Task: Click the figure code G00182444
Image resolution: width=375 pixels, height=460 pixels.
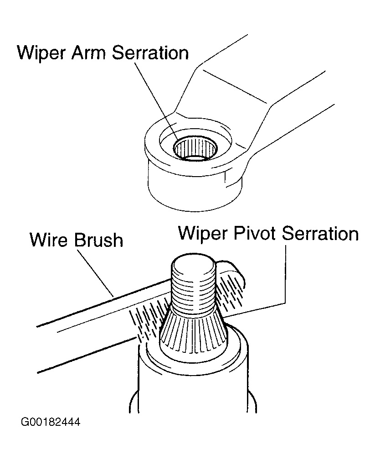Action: [50, 422]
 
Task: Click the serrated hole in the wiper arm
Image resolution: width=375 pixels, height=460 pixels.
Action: [197, 149]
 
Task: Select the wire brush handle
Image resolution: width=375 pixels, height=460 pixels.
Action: [87, 329]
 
